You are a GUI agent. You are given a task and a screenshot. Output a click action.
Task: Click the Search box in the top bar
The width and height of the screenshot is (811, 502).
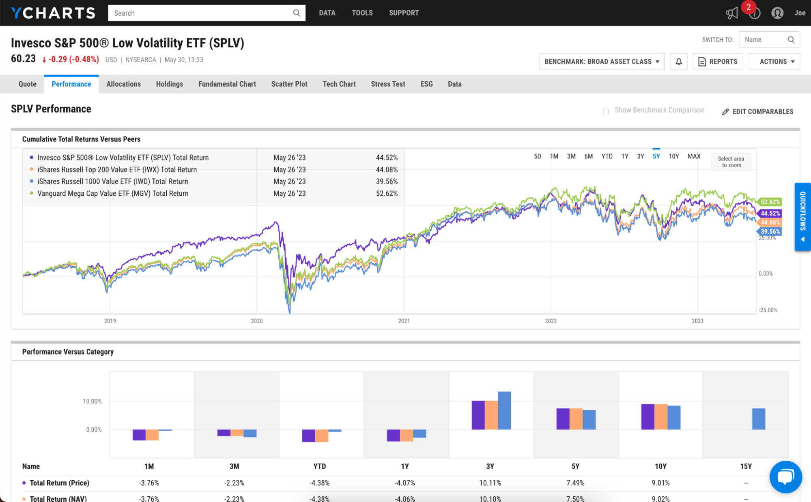click(203, 13)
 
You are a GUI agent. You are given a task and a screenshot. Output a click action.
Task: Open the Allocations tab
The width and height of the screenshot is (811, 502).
click(123, 84)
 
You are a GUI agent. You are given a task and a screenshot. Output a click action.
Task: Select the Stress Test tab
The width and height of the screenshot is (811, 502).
click(388, 84)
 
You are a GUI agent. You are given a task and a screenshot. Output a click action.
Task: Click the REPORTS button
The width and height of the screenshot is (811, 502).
click(718, 62)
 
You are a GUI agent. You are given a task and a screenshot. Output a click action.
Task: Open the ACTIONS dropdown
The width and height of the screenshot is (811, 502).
click(774, 62)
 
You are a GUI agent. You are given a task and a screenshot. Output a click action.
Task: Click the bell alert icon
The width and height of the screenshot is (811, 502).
click(679, 62)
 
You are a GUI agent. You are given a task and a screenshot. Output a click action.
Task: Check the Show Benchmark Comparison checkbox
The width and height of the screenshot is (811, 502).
click(606, 111)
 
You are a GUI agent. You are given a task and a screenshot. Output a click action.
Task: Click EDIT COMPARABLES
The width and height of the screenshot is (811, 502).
click(758, 111)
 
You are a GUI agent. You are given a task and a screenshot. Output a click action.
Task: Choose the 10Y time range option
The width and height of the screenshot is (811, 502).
click(673, 156)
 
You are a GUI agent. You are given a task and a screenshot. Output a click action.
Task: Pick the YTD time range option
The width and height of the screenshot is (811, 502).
click(607, 156)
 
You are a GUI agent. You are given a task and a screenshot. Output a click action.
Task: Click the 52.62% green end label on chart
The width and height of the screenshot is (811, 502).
click(770, 202)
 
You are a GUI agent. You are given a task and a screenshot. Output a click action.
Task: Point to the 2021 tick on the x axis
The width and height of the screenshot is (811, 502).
click(404, 321)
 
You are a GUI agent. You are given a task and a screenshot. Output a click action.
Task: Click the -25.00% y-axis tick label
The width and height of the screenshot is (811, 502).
click(768, 310)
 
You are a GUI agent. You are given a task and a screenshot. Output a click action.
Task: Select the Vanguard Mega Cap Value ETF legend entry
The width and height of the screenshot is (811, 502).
click(113, 194)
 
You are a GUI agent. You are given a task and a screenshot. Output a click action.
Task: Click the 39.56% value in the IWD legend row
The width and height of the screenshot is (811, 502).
click(387, 182)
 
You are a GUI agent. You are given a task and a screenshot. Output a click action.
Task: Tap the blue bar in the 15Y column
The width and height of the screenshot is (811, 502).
click(758, 419)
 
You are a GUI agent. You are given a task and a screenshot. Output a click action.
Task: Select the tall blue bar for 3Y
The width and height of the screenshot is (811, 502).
click(504, 410)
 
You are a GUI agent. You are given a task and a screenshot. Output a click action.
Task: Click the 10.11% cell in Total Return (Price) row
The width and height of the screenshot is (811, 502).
click(490, 483)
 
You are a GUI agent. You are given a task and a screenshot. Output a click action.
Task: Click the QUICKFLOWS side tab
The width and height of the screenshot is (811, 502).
click(802, 217)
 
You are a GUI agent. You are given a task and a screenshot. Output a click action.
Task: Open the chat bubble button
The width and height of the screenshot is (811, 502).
click(785, 477)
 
